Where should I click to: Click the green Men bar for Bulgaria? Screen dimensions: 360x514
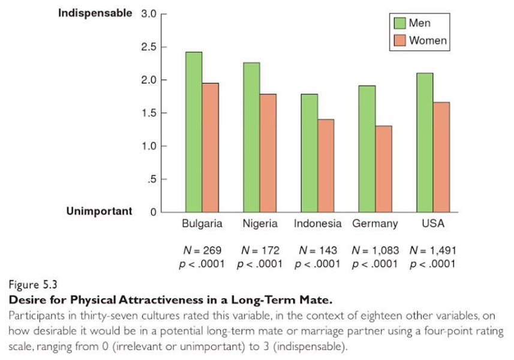[194, 132]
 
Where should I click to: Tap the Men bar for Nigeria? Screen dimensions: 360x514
[251, 137]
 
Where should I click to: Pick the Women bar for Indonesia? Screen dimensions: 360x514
[326, 166]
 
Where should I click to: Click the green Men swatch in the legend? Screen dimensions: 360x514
[400, 23]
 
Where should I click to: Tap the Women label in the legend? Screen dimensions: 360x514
[428, 41]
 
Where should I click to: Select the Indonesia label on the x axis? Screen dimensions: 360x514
[317, 224]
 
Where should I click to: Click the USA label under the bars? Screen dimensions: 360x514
[432, 224]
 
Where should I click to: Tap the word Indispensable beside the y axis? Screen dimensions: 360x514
[95, 13]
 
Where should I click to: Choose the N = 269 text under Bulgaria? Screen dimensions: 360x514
[202, 250]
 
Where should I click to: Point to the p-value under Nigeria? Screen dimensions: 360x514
[260, 264]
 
